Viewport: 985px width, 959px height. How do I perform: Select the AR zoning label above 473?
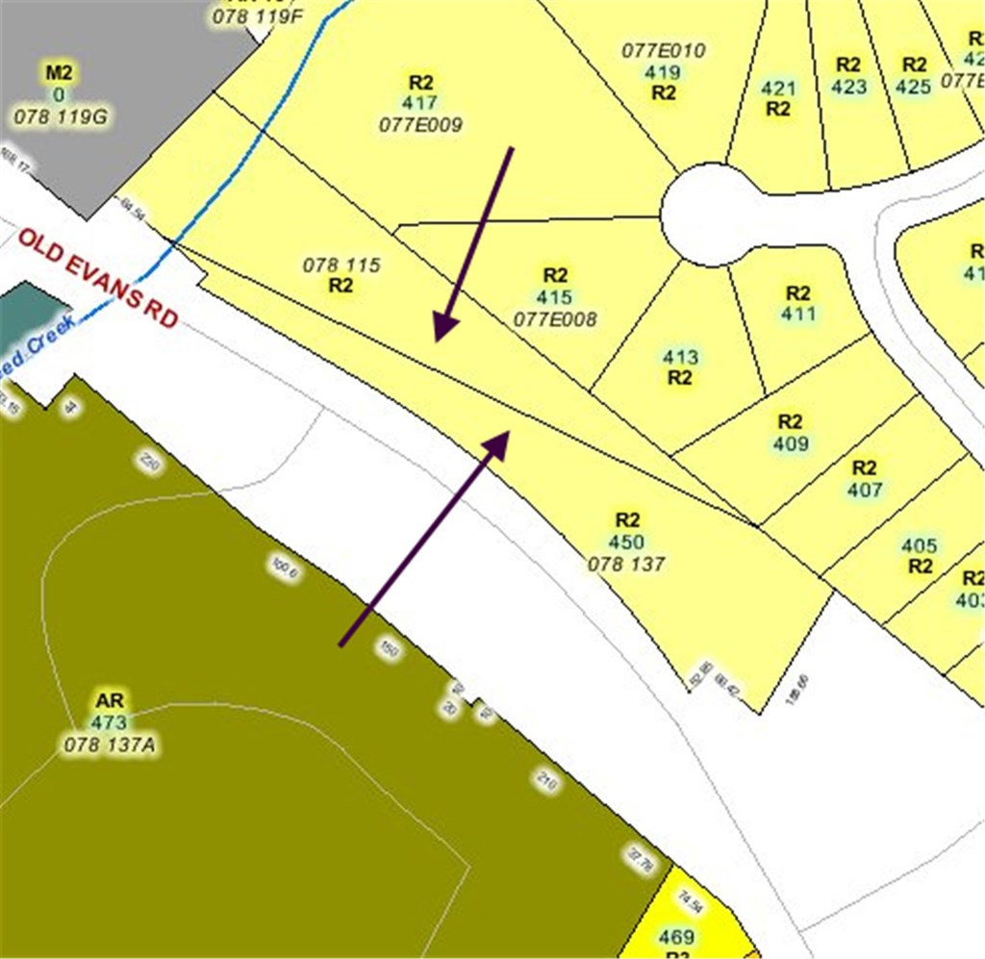pos(110,699)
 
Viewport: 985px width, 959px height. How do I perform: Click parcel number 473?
pos(110,721)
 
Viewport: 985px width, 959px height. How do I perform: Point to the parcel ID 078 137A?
pos(110,744)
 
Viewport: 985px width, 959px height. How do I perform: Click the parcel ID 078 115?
pos(341,265)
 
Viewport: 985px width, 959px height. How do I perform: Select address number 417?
pos(420,103)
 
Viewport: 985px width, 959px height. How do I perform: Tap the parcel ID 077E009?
pos(420,125)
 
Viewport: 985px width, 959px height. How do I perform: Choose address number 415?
pos(555,297)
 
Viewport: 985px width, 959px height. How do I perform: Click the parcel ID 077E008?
pos(555,319)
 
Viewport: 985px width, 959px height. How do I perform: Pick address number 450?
pos(626,543)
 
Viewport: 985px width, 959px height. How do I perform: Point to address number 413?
pos(680,358)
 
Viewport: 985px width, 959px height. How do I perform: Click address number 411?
pos(798,315)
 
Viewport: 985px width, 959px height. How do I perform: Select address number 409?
pos(790,444)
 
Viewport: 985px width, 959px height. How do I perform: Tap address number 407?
pos(864,490)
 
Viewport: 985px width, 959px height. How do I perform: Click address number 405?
pos(919,545)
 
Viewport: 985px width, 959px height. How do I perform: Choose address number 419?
pos(663,72)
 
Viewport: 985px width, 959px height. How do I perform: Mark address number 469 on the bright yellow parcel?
pos(676,936)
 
